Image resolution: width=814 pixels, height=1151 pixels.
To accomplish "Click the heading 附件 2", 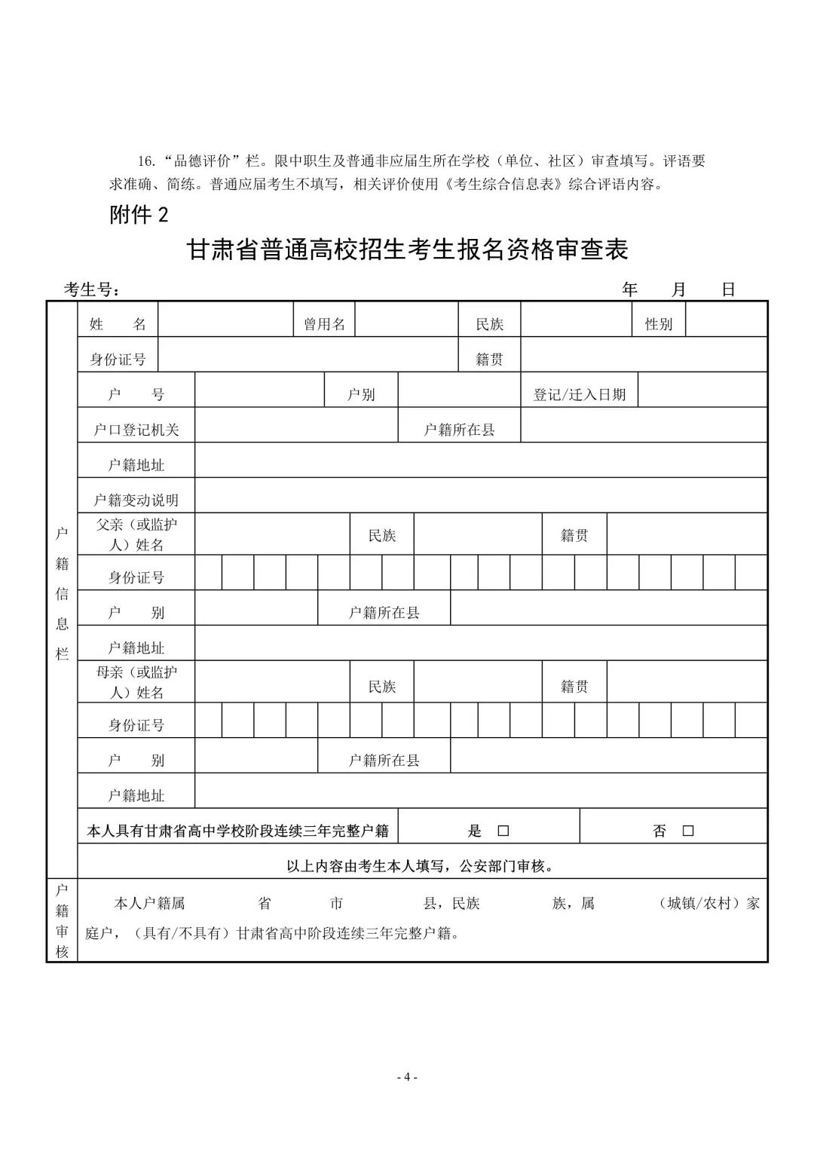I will [139, 215].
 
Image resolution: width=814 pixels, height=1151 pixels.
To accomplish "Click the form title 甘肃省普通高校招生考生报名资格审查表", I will [407, 249].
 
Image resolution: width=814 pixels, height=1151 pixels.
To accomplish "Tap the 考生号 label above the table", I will [91, 290].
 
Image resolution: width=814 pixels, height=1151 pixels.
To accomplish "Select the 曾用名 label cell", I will [324, 324].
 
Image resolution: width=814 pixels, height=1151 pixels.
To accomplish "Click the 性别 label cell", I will [658, 324].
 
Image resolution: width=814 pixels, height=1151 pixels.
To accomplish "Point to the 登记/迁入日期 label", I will [580, 394].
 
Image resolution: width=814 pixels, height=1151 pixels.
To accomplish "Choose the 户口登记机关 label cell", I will [136, 430].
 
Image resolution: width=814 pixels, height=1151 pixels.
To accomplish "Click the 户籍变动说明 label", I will [136, 500].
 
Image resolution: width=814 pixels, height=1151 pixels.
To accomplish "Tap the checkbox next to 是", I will [503, 831].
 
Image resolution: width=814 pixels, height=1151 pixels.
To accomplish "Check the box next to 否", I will [687, 831].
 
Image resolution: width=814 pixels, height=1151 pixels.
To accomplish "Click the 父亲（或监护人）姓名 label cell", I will [136, 534].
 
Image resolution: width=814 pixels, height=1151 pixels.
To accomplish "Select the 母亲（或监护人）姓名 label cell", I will [136, 682].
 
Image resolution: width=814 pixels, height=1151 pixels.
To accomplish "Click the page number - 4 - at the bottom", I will [407, 1077].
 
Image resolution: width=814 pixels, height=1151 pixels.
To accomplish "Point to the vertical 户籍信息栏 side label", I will [62, 593].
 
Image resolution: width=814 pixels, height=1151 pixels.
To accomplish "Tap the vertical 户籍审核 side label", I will [62, 920].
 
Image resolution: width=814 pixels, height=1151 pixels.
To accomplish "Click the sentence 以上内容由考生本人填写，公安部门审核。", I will [421, 866].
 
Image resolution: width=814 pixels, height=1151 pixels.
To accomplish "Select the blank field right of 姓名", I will [225, 324].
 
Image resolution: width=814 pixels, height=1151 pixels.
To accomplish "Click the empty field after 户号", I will [259, 394].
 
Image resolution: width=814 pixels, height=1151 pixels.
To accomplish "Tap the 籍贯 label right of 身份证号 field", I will [489, 360].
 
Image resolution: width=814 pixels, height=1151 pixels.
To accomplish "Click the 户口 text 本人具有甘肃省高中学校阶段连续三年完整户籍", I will [238, 831].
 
